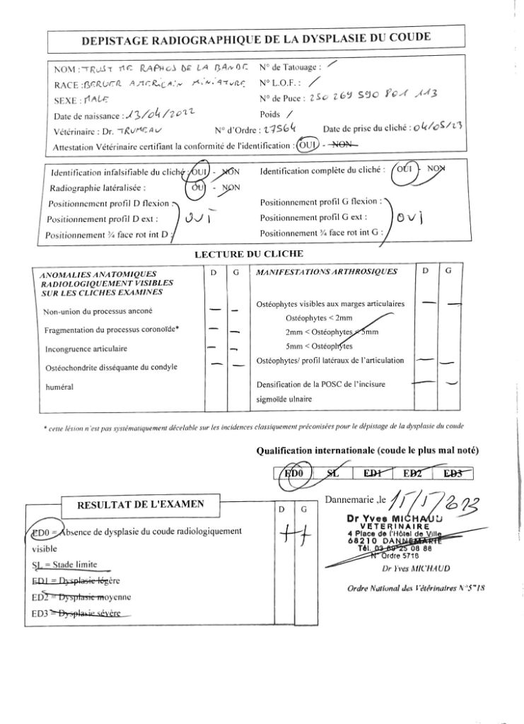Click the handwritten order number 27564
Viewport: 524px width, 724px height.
tap(283, 129)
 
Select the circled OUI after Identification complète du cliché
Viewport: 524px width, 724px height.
tap(405, 172)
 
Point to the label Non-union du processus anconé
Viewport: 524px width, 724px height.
tap(97, 312)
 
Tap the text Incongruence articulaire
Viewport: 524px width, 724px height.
tap(86, 349)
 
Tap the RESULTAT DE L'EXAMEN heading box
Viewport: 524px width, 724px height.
tap(140, 504)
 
